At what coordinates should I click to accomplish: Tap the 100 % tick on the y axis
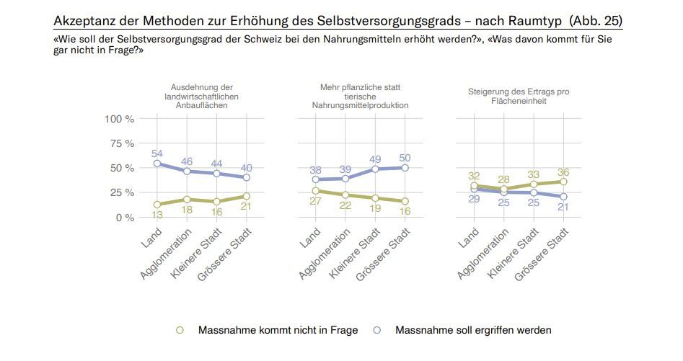[x=120, y=118]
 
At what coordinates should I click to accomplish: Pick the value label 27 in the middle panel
[x=316, y=202]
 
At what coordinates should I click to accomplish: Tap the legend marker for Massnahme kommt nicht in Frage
[x=180, y=330]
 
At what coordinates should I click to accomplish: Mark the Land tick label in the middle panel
[x=309, y=238]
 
